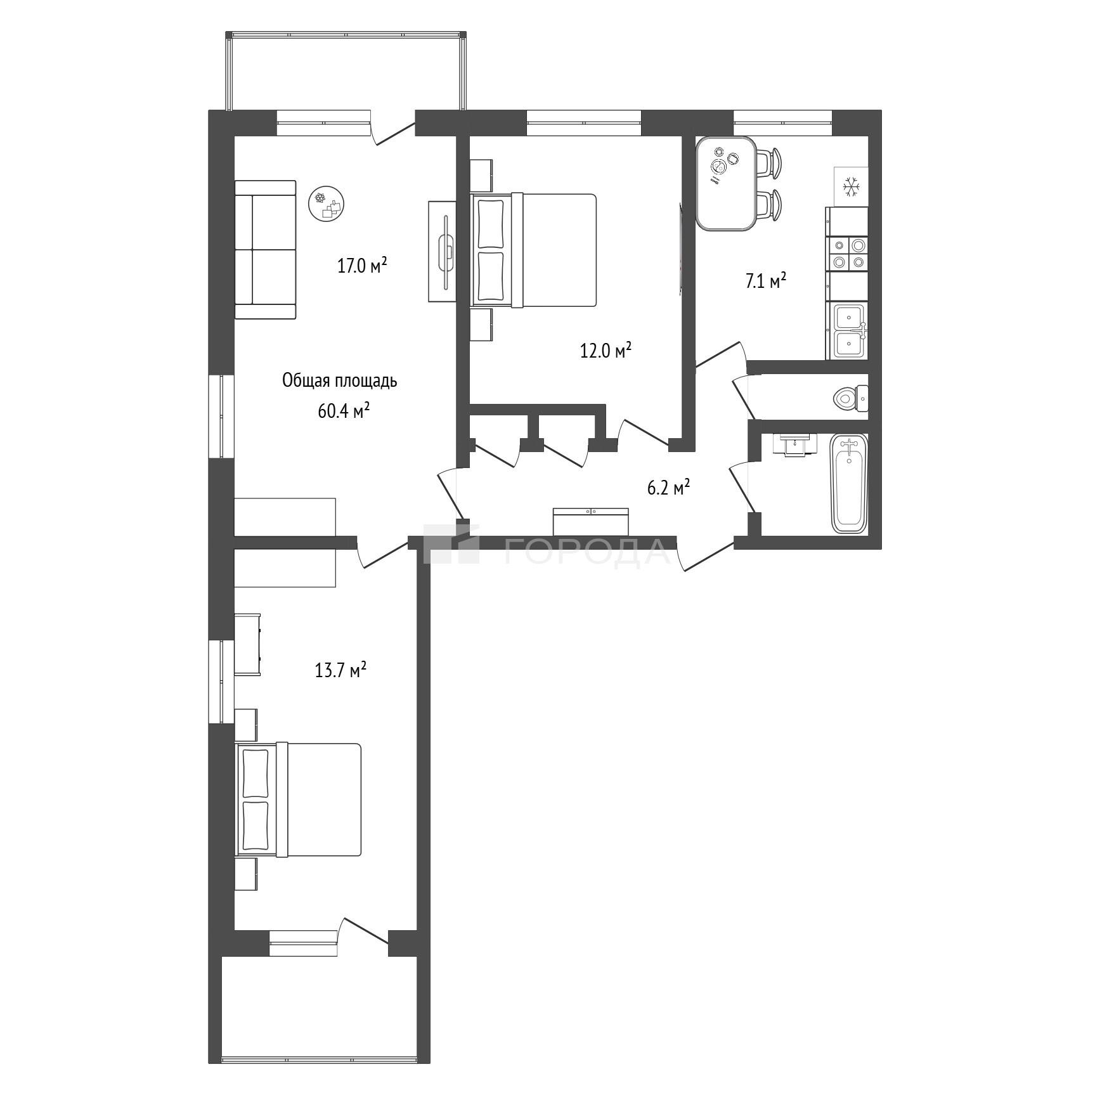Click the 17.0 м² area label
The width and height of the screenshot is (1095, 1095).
[x=362, y=265]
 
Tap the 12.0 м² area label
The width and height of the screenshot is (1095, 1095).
[x=606, y=350]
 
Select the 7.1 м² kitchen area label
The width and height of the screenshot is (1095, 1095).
[x=765, y=281]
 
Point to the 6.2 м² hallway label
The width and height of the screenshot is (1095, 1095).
[x=668, y=488]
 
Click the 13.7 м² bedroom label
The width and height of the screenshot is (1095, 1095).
[x=341, y=670]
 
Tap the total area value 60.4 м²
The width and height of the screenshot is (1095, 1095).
[x=344, y=411]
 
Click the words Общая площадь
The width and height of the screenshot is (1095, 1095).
[x=340, y=381]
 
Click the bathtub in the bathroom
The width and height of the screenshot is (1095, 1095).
[x=849, y=483]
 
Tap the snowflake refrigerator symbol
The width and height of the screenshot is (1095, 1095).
[x=850, y=186]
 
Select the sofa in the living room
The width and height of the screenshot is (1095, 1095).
[x=266, y=249]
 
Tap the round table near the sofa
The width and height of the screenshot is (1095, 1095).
[x=327, y=203]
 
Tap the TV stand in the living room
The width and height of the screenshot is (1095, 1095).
[x=443, y=251]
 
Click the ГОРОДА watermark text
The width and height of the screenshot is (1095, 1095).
[x=587, y=550]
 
